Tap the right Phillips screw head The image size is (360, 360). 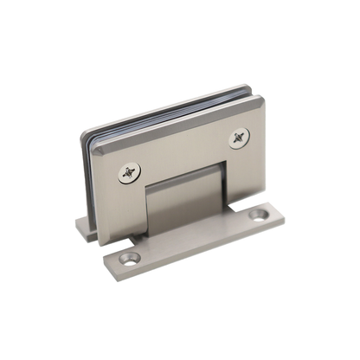[239, 137]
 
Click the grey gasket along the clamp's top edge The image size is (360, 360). [164, 113]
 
